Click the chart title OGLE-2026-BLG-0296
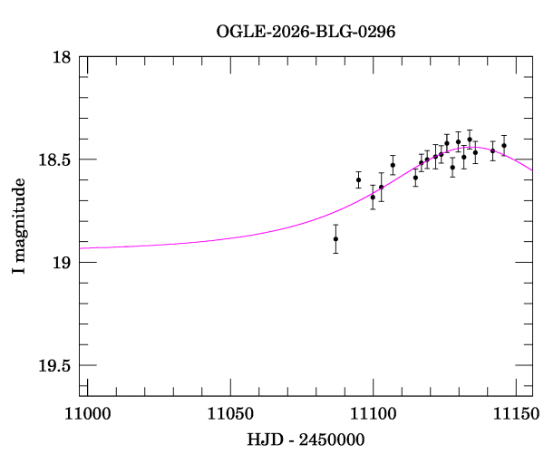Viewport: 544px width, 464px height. (306, 31)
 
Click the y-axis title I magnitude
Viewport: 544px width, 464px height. (18, 226)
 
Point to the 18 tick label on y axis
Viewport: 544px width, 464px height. (63, 56)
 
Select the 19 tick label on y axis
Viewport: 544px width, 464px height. (63, 263)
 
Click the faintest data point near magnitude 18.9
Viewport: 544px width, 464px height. (335, 238)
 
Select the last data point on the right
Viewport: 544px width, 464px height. (504, 145)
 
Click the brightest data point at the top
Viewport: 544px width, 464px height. (470, 140)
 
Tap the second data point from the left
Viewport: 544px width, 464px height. (358, 179)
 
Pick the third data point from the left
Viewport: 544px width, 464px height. (373, 197)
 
